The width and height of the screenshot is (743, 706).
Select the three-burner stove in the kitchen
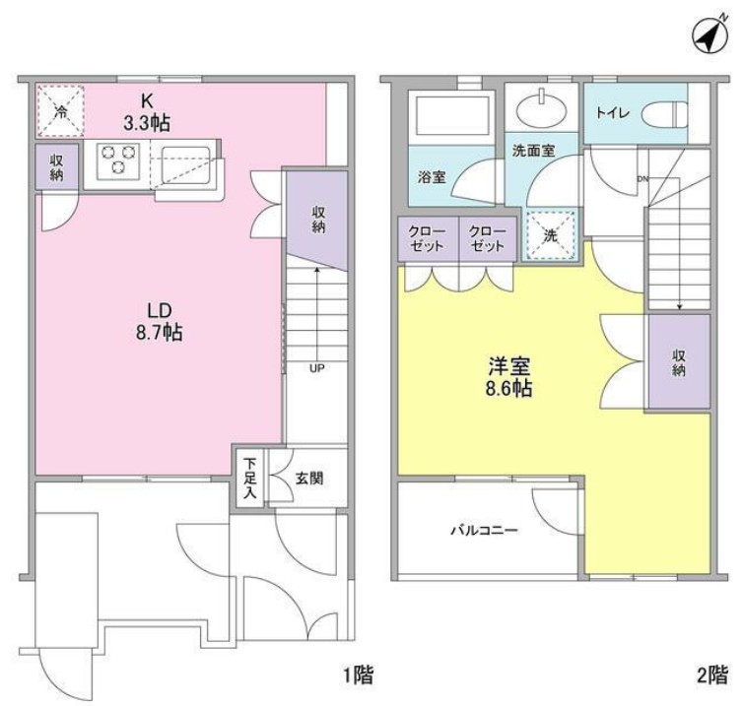118,160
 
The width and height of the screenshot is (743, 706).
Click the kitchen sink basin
185,160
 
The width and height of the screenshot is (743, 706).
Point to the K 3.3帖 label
146,112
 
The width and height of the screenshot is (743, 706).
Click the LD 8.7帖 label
161,321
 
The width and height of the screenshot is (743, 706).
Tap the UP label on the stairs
316,369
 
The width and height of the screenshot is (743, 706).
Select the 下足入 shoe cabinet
250,479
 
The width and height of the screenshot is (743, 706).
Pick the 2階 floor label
711,675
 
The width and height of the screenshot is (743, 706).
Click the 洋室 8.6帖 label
509,375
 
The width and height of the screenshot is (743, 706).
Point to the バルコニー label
484,530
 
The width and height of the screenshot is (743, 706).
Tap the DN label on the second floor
642,178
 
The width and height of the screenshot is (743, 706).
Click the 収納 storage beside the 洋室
679,362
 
